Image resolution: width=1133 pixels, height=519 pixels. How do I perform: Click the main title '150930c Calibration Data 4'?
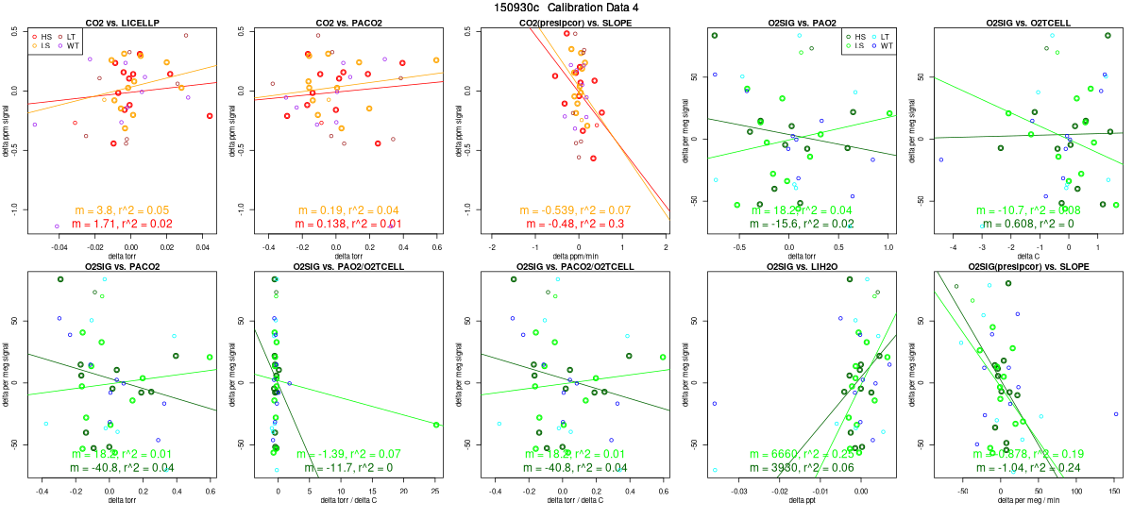[x=566, y=8]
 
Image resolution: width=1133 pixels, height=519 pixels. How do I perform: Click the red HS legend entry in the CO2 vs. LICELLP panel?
[x=42, y=36]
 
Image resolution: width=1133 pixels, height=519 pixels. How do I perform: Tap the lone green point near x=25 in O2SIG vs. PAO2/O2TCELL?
[x=436, y=425]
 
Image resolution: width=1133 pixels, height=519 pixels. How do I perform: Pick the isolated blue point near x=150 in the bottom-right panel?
[x=1115, y=414]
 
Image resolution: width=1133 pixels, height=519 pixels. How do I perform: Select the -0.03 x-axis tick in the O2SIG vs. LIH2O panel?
[x=739, y=491]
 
